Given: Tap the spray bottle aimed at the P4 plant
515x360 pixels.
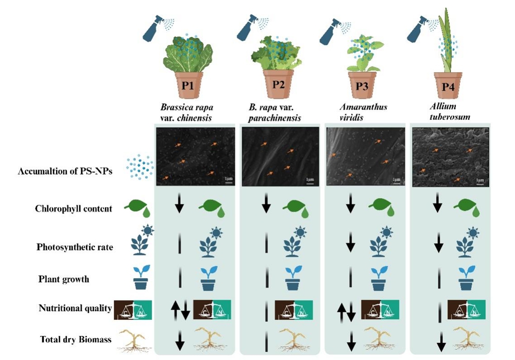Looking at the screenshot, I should tap(420, 29).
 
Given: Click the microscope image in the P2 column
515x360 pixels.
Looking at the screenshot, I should tap(280, 157).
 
